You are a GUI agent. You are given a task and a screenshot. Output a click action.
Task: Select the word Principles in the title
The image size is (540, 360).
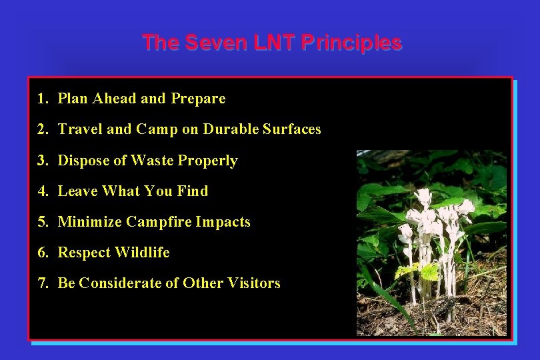pos(351,43)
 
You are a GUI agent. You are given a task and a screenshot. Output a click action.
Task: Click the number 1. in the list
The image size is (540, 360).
pos(43,99)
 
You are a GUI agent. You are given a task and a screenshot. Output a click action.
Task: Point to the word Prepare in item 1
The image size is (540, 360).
pos(198,99)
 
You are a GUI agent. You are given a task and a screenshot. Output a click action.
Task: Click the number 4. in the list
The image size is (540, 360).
pos(43,191)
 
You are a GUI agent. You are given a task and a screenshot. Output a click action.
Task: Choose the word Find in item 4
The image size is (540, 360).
pos(193,191)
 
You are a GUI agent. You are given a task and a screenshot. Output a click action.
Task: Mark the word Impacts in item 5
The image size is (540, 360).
pos(223,222)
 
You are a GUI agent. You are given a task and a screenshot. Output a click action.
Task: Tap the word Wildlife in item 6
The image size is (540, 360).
pos(142,253)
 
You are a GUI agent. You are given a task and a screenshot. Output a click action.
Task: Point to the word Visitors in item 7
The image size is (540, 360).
pos(254,283)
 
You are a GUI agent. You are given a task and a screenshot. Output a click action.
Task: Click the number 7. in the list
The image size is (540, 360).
pos(43,283)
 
